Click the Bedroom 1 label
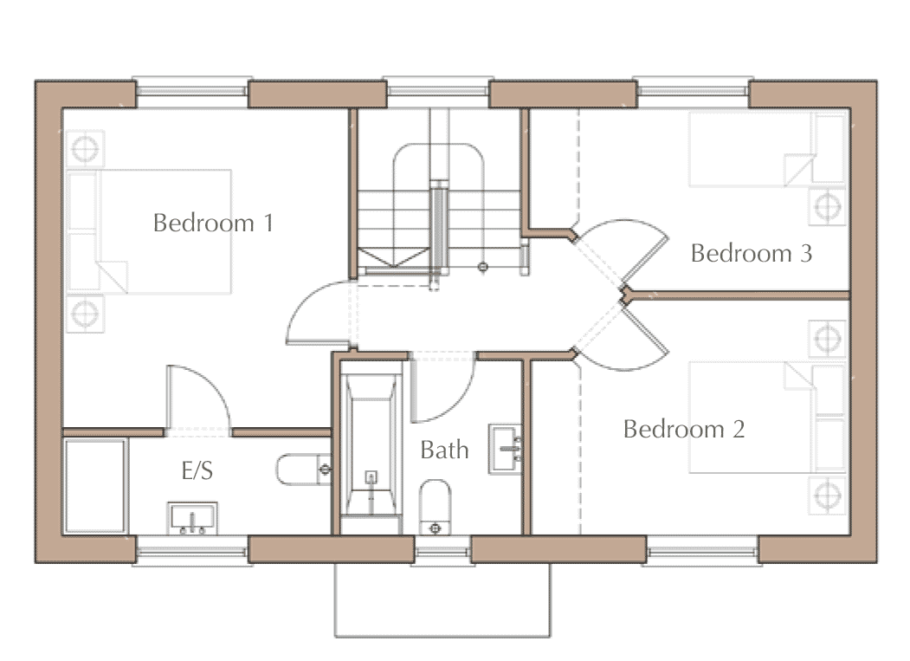pyautogui.click(x=213, y=223)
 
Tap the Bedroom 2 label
pyautogui.click(x=684, y=429)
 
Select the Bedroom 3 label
pyautogui.click(x=751, y=253)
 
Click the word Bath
pyautogui.click(x=444, y=450)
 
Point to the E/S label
pyautogui.click(x=197, y=470)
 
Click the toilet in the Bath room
pyautogui.click(x=435, y=507)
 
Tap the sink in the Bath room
pyautogui.click(x=505, y=449)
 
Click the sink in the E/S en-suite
pyautogui.click(x=192, y=518)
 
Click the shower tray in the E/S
pyautogui.click(x=94, y=486)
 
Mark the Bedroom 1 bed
pyautogui.click(x=149, y=231)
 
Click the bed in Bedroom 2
pyautogui.click(x=766, y=417)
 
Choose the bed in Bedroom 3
pyautogui.click(x=766, y=149)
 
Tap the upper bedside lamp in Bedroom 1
pyautogui.click(x=85, y=149)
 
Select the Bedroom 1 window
pyautogui.click(x=192, y=92)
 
